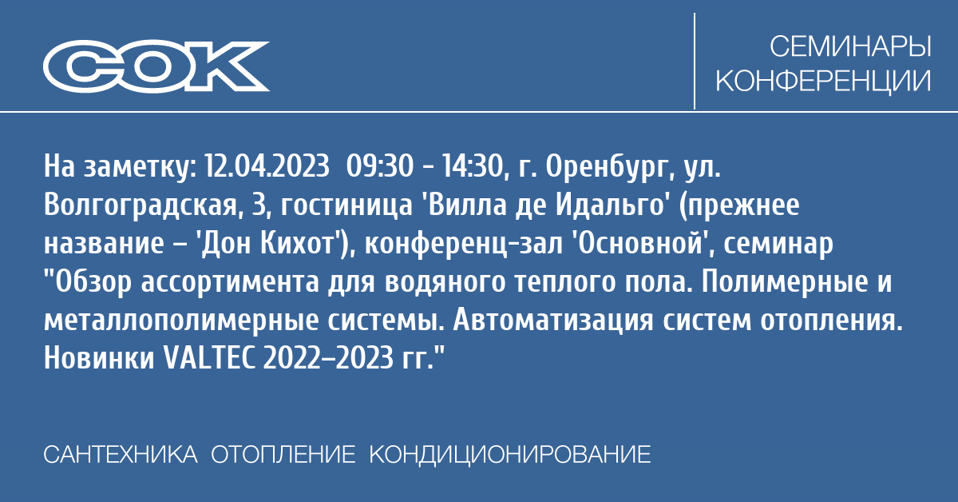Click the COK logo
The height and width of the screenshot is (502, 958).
156,66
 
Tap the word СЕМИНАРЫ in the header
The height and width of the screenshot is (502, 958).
851,46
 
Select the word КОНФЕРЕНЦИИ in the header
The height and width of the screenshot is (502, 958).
823,81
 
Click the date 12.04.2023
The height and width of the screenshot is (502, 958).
267,166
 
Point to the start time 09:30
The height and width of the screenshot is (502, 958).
380,166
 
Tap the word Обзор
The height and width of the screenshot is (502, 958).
93,282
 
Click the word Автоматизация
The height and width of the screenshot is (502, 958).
553,321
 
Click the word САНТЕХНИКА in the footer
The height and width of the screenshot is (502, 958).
121,455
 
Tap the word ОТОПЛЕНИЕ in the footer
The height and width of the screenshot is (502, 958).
283,455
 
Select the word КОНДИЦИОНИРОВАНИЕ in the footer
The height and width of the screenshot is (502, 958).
510,455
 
